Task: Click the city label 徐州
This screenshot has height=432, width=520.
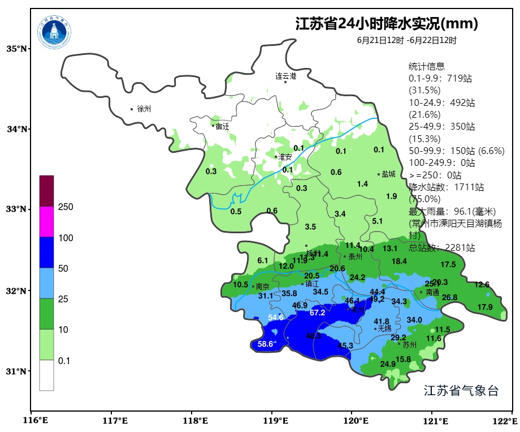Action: [144, 109]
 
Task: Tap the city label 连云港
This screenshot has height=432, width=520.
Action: [286, 75]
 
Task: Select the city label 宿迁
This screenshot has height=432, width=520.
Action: [222, 126]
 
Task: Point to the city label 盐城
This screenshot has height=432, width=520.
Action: [388, 174]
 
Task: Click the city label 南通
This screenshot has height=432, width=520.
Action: [432, 293]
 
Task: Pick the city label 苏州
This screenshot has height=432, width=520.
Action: [409, 344]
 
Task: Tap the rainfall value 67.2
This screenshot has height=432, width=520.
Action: [318, 313]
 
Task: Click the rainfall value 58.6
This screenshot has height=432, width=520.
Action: [265, 344]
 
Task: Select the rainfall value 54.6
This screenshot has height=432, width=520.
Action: [276, 318]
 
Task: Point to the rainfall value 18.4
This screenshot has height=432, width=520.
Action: [399, 261]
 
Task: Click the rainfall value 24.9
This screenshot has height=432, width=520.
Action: [388, 364]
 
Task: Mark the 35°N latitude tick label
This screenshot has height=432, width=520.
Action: [16, 49]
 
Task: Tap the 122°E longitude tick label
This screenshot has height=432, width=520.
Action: [507, 421]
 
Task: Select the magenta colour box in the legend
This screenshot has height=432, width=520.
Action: [46, 221]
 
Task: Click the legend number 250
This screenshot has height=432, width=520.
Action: [66, 207]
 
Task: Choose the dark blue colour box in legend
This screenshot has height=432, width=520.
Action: [46, 253]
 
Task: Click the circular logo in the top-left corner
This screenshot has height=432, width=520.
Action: [55, 32]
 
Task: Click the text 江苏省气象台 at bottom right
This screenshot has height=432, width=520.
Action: [461, 391]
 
